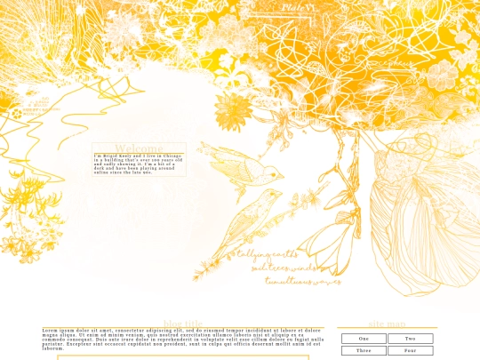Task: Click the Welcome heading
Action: [x=139, y=148]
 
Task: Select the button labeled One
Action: [x=364, y=339]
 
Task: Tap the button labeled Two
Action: [x=410, y=339]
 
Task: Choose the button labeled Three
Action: [x=364, y=351]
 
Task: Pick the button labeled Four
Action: [x=410, y=351]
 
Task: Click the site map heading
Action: [x=387, y=324]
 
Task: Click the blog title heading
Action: [x=183, y=324]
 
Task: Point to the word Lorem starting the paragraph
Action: [x=51, y=331]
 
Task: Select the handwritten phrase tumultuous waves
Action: [x=302, y=281]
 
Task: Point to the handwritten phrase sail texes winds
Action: [x=284, y=268]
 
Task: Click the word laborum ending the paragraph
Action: [x=52, y=348]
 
